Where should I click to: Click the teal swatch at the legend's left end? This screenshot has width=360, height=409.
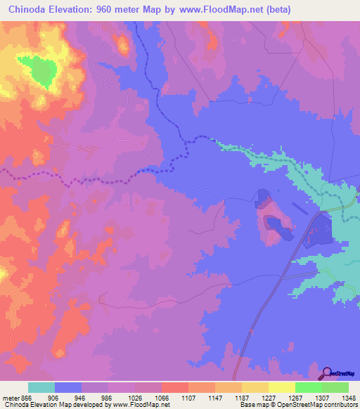pyautogui.click(x=41, y=387)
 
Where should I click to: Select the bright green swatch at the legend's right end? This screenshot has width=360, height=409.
pyautogui.click(x=335, y=387)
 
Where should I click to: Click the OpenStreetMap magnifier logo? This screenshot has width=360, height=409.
pyautogui.click(x=326, y=373)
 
